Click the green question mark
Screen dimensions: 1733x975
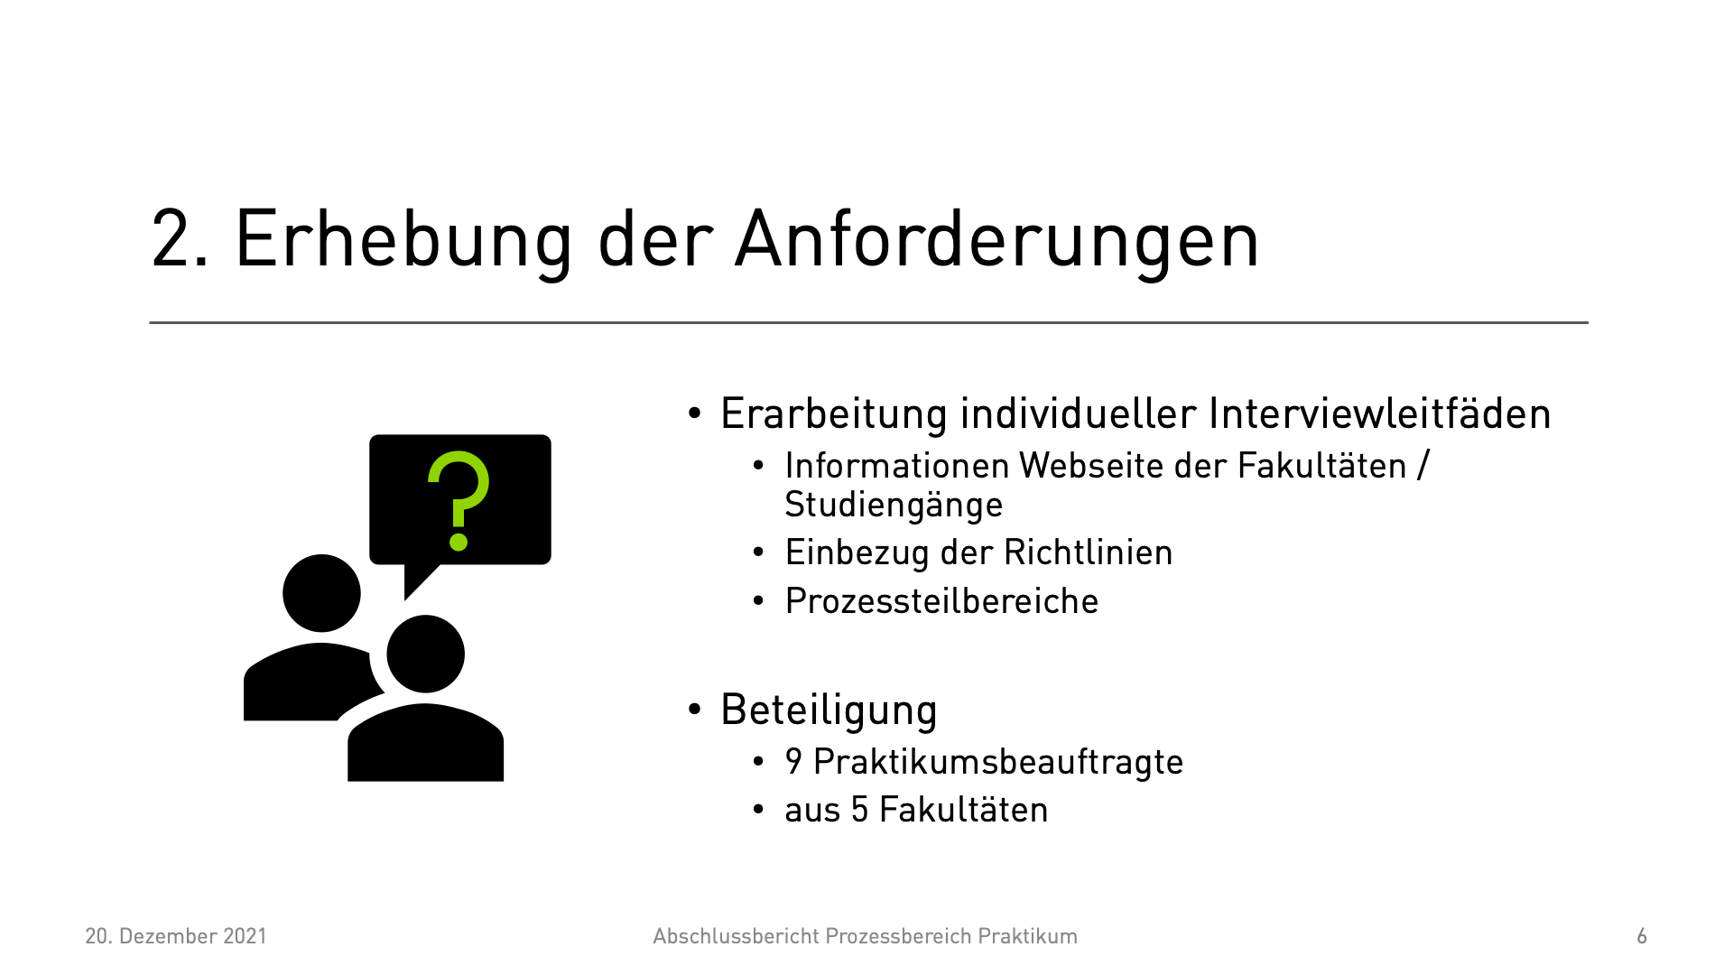coord(459,500)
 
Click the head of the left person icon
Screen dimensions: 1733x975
coord(321,593)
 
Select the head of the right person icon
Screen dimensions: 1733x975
coord(425,654)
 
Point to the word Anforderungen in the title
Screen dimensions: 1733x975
coord(997,240)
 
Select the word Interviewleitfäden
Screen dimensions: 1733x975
coord(1379,413)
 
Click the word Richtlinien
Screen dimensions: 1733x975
coord(1088,552)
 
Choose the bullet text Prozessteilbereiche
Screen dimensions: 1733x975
coord(941,601)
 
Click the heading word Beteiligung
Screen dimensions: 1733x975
coord(829,710)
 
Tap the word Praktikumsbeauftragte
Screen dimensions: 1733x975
coord(997,762)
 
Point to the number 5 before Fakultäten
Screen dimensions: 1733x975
coord(860,810)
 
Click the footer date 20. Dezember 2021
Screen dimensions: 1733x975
coord(176,936)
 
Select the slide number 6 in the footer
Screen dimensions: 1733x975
coord(1642,936)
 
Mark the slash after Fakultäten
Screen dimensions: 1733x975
coord(1423,466)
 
